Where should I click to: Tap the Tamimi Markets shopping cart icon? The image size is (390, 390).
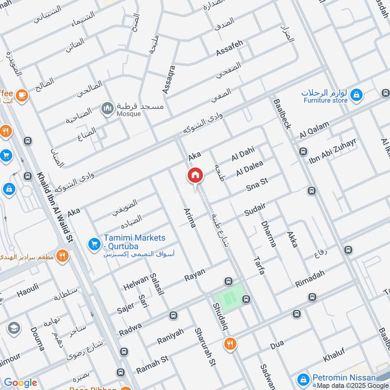(x=94, y=243)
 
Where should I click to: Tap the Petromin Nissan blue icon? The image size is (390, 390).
(x=303, y=379)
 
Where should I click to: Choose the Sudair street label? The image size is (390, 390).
(x=255, y=210)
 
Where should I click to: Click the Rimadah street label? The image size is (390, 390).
(x=310, y=280)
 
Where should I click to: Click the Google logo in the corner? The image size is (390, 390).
(x=20, y=383)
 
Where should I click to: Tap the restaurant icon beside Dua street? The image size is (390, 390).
(x=229, y=344)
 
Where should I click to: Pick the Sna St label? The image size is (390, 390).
(x=257, y=185)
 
